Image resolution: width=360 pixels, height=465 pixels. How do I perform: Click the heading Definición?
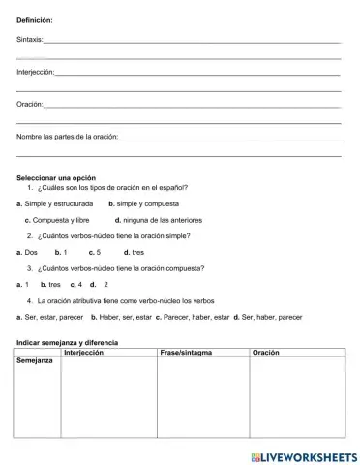click(36, 19)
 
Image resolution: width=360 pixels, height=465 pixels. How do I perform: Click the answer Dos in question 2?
click(30, 251)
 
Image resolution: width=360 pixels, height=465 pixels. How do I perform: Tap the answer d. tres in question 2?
click(135, 251)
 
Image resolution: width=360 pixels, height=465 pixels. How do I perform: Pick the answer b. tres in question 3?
click(51, 284)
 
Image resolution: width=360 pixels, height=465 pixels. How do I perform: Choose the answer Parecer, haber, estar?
click(193, 316)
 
